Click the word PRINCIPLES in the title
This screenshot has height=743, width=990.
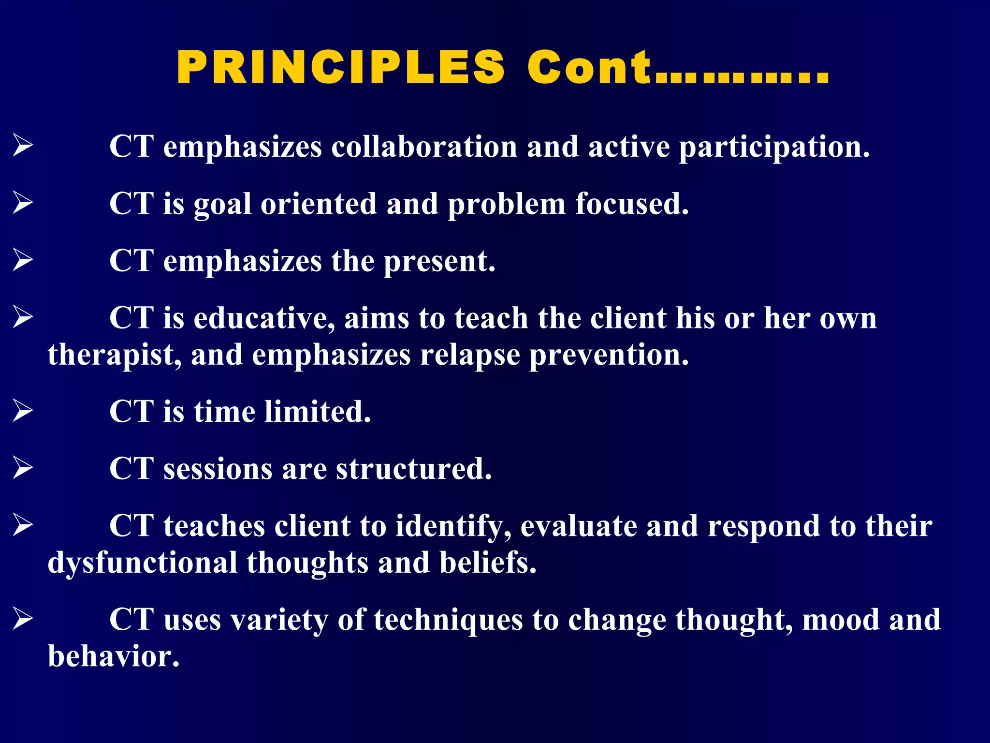(341, 68)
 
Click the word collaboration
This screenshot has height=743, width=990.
(424, 147)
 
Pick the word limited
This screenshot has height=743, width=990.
(317, 412)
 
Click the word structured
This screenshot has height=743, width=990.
(414, 469)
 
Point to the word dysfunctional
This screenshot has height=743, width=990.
(142, 564)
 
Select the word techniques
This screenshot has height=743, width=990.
(448, 620)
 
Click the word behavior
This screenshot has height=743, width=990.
(114, 657)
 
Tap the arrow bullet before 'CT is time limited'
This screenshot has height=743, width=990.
(23, 411)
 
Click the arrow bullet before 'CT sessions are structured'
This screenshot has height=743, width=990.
(23, 468)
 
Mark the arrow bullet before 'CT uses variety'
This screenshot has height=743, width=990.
(23, 619)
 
